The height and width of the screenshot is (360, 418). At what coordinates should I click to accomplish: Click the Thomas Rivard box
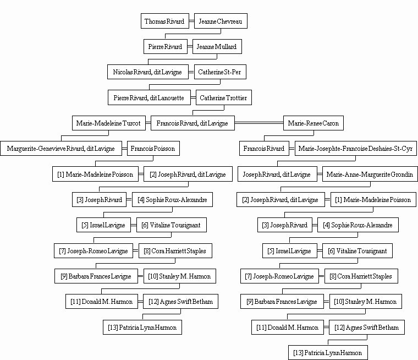pos(165,21)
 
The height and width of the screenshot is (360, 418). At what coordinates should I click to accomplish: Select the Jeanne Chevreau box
pos(221,21)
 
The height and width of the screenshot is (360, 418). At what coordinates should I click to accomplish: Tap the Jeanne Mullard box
pos(217,46)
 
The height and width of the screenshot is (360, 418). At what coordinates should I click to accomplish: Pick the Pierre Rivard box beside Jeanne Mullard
pos(166,46)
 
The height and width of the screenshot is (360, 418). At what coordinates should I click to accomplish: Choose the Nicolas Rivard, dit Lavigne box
pos(148,72)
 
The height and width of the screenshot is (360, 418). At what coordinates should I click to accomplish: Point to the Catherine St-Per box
pos(220,72)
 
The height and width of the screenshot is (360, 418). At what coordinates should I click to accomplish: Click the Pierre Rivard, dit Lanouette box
pos(149,97)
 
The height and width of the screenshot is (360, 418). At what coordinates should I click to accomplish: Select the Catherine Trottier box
pos(224,97)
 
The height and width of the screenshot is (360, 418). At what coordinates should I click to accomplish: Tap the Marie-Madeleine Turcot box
pos(109,123)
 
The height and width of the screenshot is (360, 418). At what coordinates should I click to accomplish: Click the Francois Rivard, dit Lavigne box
pos(193,123)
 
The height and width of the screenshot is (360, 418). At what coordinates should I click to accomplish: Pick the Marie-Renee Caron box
pos(313,123)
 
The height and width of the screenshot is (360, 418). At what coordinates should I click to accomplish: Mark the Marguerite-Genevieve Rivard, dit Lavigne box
pos(61,149)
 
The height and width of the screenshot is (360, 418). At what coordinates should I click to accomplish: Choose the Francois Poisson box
pos(153,149)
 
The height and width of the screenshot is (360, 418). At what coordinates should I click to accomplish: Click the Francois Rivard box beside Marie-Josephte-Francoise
pos(264,149)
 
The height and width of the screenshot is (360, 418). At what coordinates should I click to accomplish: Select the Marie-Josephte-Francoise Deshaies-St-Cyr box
pos(356,149)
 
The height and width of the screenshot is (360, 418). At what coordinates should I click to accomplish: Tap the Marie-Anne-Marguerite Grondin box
pos(370,174)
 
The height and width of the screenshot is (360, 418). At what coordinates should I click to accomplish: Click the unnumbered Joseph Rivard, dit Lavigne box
pos(277,174)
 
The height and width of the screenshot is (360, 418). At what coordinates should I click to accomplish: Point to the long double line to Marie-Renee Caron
pos(259,123)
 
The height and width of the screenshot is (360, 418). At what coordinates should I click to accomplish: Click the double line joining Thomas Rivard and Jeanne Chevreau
pos(191,21)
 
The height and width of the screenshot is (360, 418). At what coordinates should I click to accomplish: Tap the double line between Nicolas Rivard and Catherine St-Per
pos(191,72)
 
